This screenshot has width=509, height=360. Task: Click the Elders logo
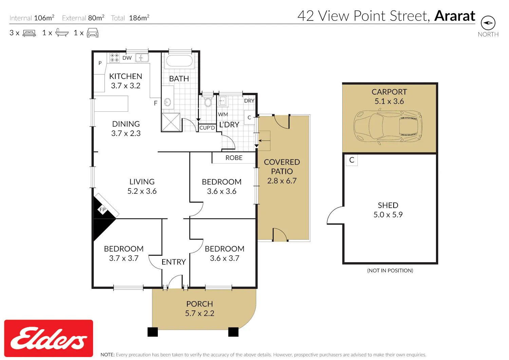[x=49, y=338]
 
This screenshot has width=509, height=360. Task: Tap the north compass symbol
[x=488, y=23]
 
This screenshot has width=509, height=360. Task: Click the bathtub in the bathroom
[x=179, y=61]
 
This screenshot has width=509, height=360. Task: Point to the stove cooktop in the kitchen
[x=115, y=58]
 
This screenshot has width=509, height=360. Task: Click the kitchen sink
[x=142, y=58]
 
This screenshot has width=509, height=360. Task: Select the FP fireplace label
[x=102, y=210]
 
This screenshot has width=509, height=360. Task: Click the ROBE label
[x=234, y=158]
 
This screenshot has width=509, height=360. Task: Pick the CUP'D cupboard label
[x=207, y=128]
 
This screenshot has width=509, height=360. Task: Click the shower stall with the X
[x=171, y=122]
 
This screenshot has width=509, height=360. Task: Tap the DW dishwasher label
[x=127, y=58]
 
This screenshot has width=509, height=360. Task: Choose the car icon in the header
[x=93, y=33]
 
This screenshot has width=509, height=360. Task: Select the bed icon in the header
[x=29, y=33]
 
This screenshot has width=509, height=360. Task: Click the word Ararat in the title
[x=455, y=16]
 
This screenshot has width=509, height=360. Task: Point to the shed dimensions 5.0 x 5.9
[x=388, y=214]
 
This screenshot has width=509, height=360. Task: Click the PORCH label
[x=200, y=304]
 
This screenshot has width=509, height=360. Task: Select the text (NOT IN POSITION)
[x=390, y=270]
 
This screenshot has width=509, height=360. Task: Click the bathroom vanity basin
[x=168, y=102]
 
